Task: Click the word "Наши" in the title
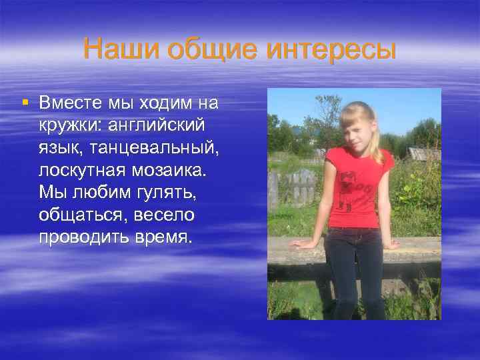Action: pos(122,49)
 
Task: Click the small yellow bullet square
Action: pos(25,103)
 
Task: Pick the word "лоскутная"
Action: pos(79,171)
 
